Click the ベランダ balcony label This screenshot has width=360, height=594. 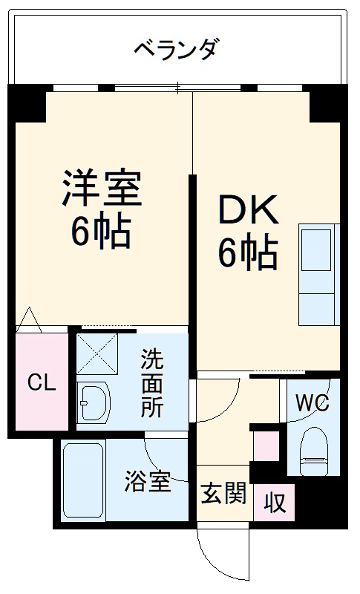[176, 51]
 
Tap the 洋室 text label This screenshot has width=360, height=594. [102, 188]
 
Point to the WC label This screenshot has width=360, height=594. [312, 403]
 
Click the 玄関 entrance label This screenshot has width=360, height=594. [223, 493]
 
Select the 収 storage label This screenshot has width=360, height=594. [275, 503]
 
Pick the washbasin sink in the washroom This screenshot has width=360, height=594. [93, 405]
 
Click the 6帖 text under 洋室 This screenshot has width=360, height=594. [102, 232]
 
